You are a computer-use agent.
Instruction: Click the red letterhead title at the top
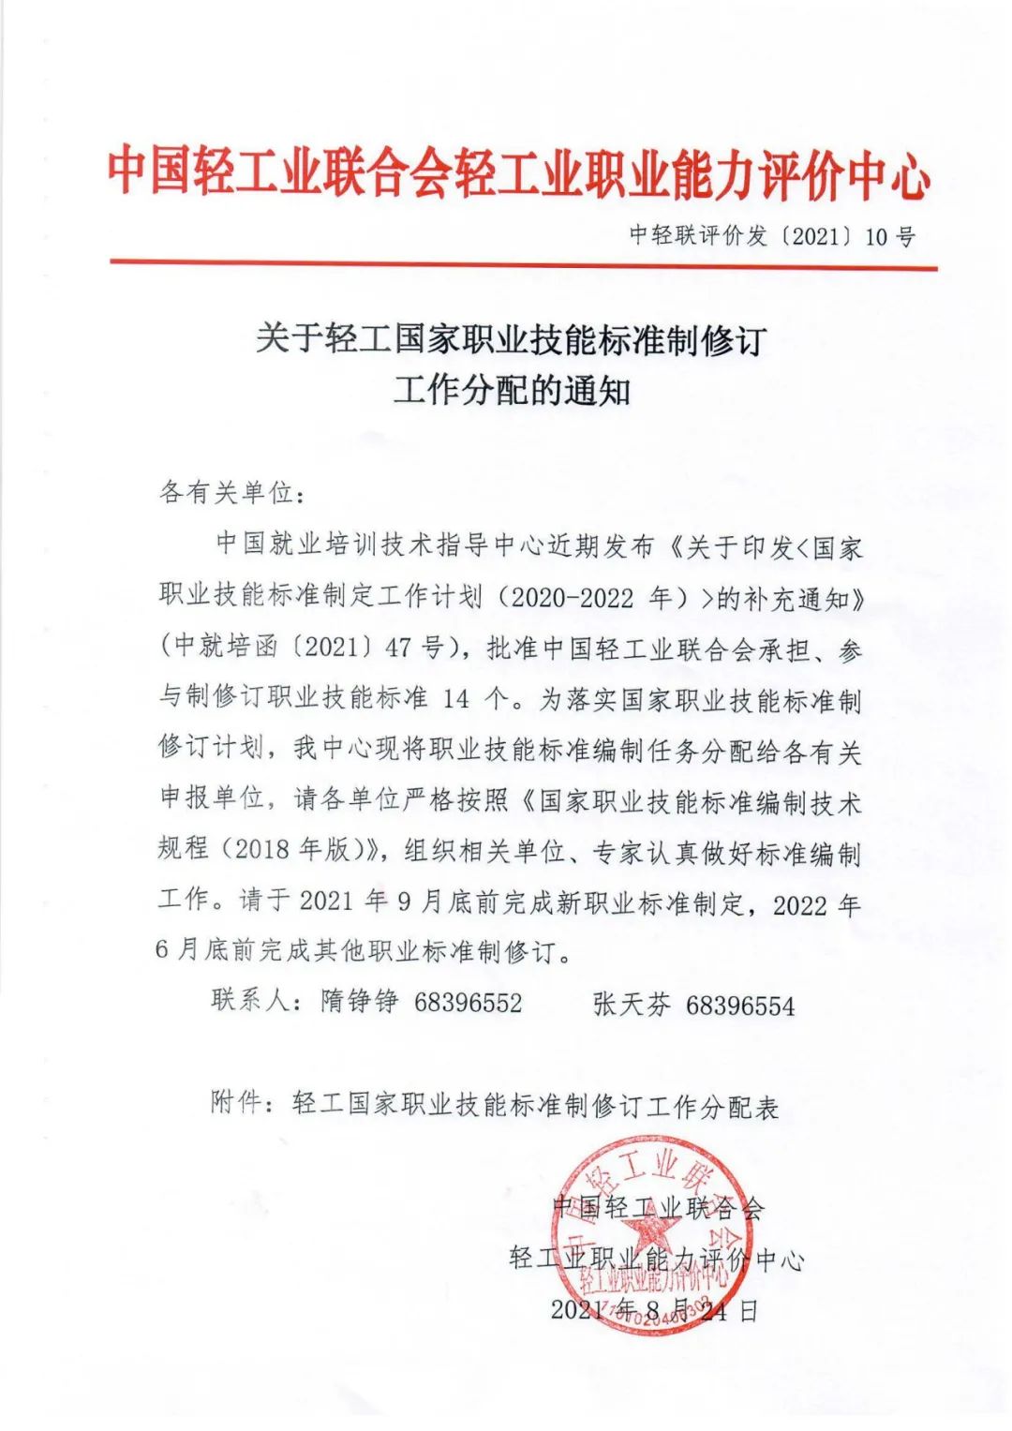pos(518,172)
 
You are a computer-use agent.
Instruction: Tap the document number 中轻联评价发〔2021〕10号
pos(772,235)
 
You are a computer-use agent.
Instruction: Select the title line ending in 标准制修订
pos(511,338)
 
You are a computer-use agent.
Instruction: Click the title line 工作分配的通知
pos(511,389)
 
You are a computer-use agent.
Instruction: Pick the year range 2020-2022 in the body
pos(573,598)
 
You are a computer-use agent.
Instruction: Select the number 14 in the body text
pos(455,699)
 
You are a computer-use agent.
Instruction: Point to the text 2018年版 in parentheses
pos(298,849)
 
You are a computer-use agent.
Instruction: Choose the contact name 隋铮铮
pos(360,1001)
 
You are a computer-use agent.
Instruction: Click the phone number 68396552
pos(468,1003)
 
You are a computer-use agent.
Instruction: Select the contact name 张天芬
pos(632,1005)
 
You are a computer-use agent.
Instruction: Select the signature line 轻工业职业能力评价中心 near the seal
pos(656,1259)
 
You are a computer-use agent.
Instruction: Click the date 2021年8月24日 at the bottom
pos(653,1309)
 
